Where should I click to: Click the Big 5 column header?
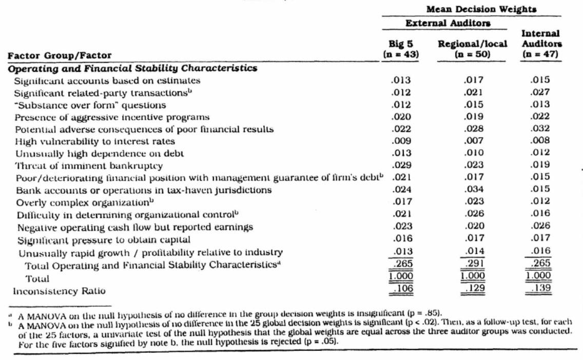401,48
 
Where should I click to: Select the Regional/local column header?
472,48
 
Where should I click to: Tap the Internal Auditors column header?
540,44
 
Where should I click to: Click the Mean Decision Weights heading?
480,9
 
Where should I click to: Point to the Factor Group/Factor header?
60,55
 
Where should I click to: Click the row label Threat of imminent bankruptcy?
88,165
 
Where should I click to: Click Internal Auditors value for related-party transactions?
540,92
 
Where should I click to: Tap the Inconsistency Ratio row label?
59,291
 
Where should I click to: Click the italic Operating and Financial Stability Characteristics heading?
132,68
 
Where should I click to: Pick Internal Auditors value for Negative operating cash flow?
540,227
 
